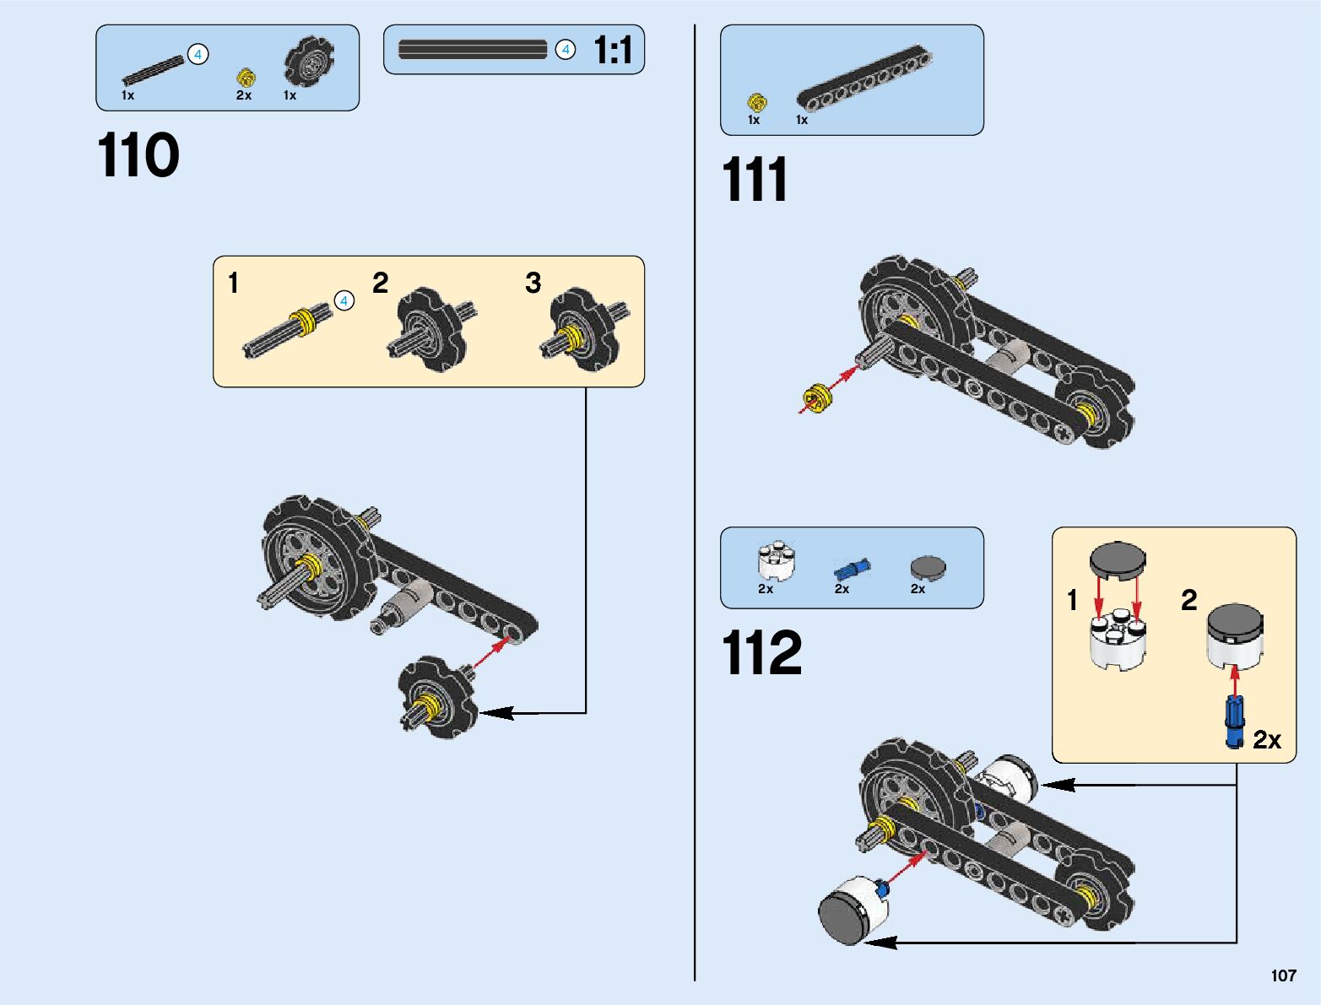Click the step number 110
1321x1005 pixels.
[x=138, y=156]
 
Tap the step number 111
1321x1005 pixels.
[x=755, y=181]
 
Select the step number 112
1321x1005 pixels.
[x=761, y=654]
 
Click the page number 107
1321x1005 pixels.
[x=1283, y=975]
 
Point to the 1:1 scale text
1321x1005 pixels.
[x=613, y=51]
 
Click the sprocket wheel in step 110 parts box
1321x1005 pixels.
[x=308, y=60]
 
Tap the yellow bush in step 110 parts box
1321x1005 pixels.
[x=246, y=78]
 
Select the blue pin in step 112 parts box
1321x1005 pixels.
[x=852, y=568]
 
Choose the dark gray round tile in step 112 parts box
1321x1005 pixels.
[x=928, y=568]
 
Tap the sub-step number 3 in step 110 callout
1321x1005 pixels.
[x=533, y=284]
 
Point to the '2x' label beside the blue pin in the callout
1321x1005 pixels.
[x=1267, y=740]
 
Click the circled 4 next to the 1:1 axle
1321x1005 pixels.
[x=566, y=50]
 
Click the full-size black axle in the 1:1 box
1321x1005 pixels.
[x=473, y=50]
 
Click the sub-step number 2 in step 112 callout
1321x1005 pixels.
[x=1188, y=600]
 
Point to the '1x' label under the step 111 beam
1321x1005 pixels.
[x=802, y=120]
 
